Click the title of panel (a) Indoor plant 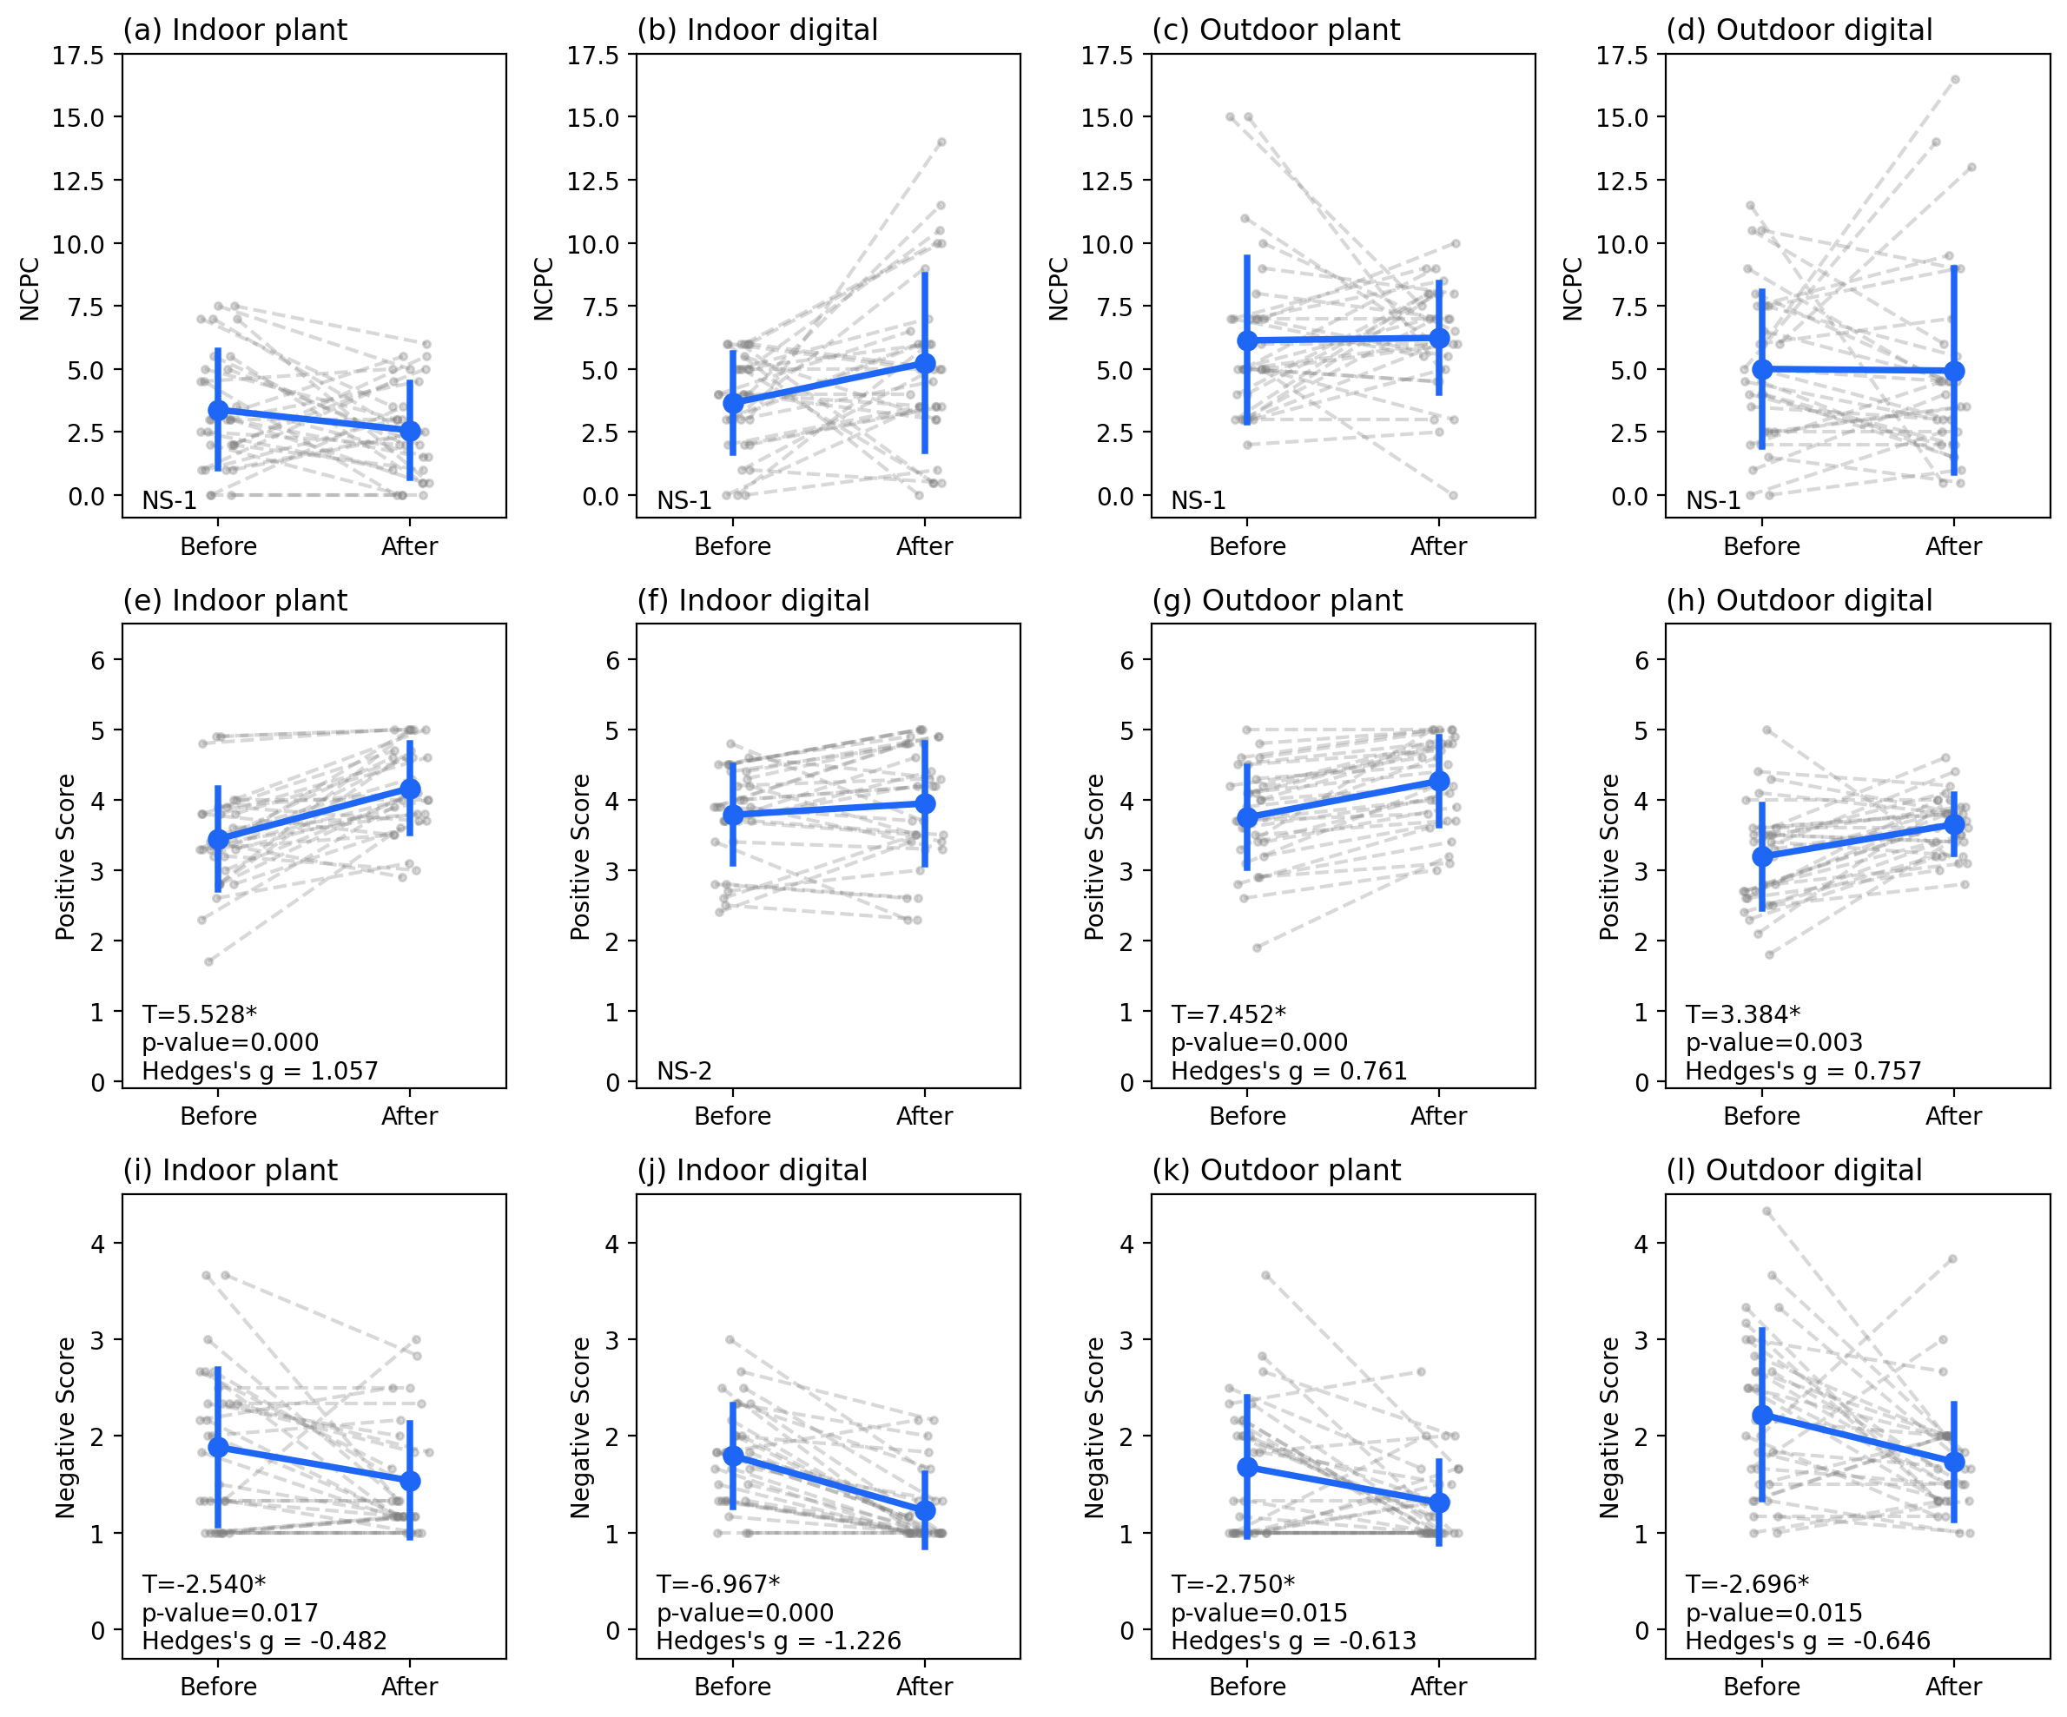pos(234,30)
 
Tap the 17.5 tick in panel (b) pos(592,55)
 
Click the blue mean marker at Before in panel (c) pos(1247,340)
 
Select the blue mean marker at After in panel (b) pos(925,363)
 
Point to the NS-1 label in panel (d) pos(1713,500)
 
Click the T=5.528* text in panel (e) pos(199,1014)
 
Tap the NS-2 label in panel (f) pos(684,1070)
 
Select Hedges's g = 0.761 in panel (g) pos(1289,1070)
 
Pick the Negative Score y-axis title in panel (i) pos(65,1428)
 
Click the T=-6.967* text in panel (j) pos(717,1584)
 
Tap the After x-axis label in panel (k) pos(1438,1687)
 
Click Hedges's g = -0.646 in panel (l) pos(1807,1641)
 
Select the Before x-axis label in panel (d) pos(1761,546)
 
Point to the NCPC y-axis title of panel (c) pos(1058,288)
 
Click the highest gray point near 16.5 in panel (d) pos(1955,79)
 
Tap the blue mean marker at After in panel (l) pos(1955,1462)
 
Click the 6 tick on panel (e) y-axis pos(97,661)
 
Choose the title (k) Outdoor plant pos(1276,1170)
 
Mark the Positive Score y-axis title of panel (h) pos(1609,856)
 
